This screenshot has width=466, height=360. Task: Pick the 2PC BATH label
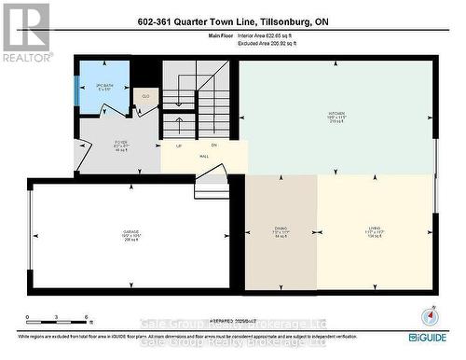pyautogui.click(x=103, y=87)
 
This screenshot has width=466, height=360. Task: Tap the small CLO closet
pyautogui.click(x=146, y=96)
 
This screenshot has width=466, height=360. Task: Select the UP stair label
pyautogui.click(x=178, y=145)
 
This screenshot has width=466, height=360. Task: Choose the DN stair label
pyautogui.click(x=213, y=145)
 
